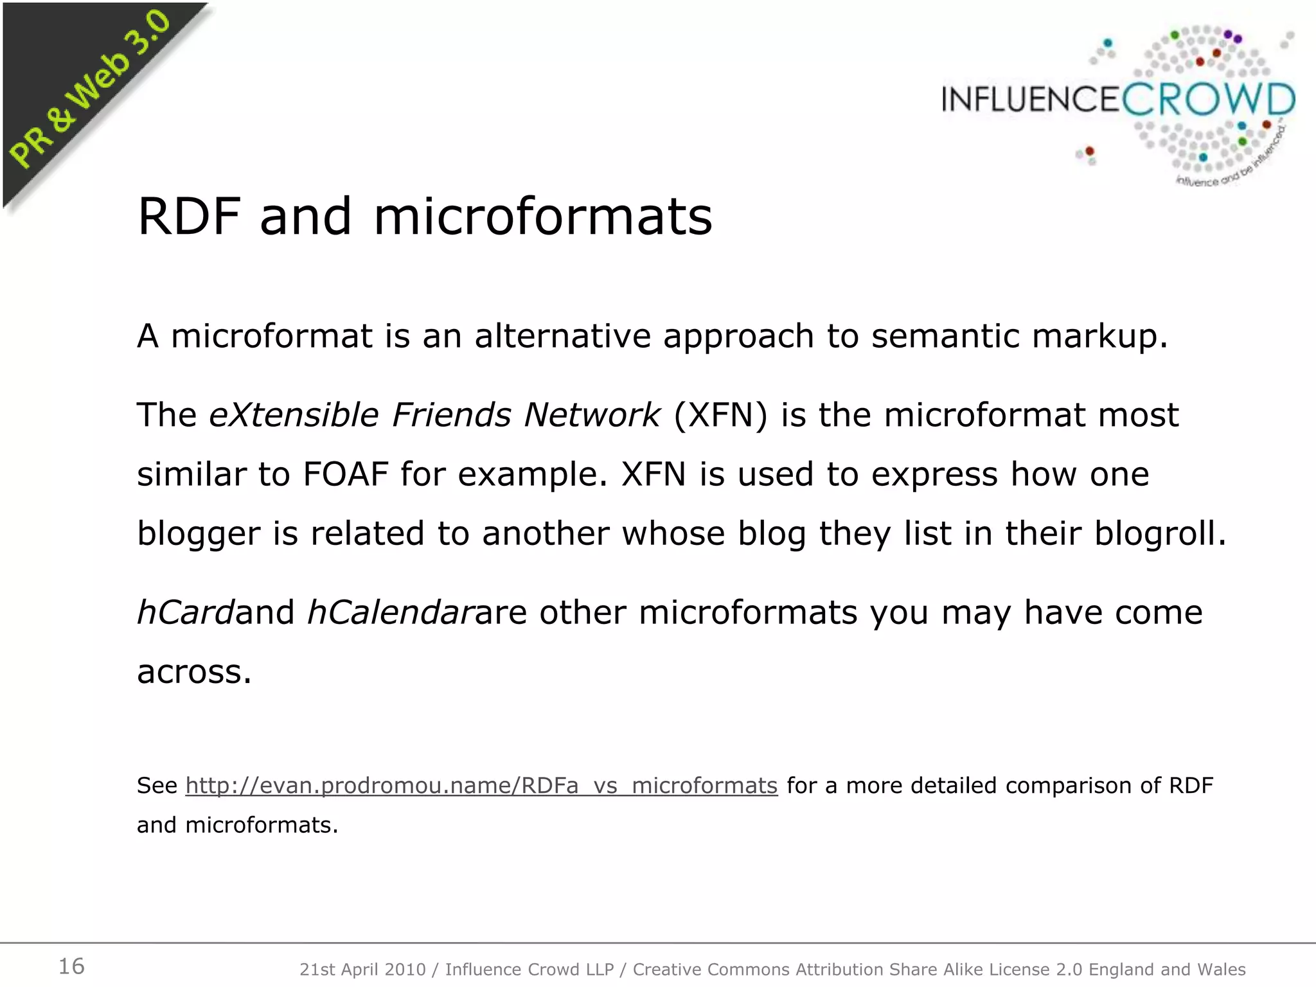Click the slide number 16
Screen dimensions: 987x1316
pos(71,966)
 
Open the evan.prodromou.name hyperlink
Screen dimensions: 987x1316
pos(481,786)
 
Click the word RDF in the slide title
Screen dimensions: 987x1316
pos(190,217)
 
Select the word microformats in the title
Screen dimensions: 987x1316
pos(543,217)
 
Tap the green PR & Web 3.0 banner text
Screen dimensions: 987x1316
pos(89,89)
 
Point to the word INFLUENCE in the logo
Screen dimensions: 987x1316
pos(1031,101)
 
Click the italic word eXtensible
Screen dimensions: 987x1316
pos(294,415)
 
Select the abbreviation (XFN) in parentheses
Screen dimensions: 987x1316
pos(720,415)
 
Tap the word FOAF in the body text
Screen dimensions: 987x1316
pos(346,474)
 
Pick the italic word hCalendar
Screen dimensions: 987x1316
pos(391,612)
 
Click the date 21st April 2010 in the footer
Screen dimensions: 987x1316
pos(362,970)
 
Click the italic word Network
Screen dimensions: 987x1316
pos(592,415)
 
